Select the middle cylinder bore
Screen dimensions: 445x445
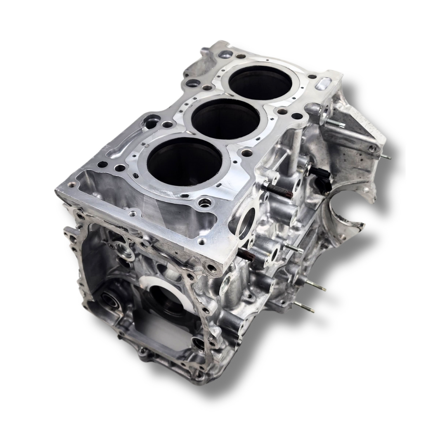(225, 119)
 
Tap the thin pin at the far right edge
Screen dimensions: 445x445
(386, 156)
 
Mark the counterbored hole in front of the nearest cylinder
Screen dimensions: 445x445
(204, 203)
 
